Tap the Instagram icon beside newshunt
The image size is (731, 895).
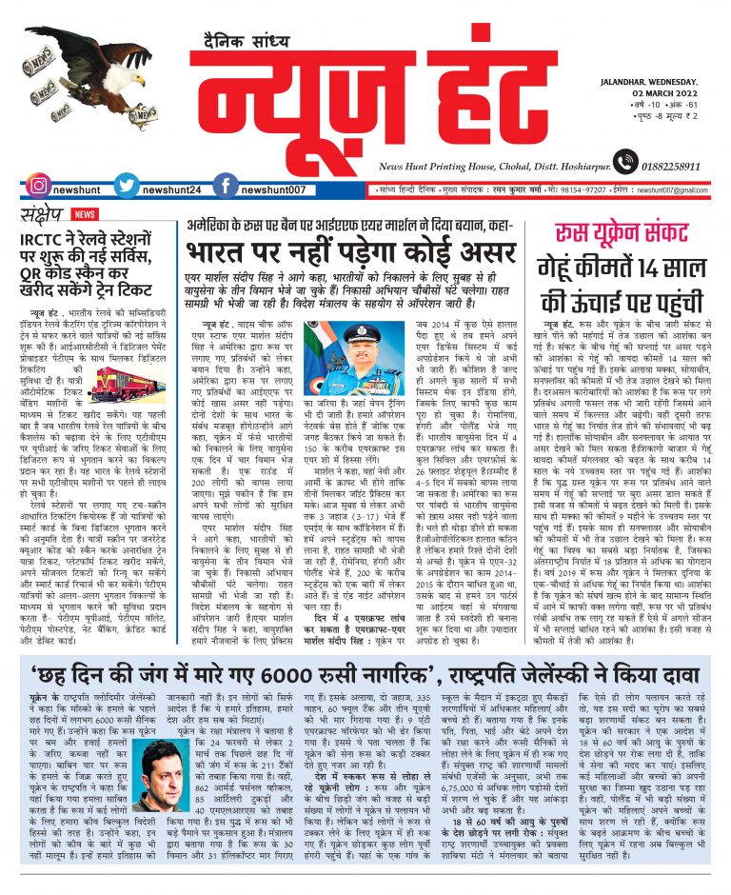click(x=37, y=189)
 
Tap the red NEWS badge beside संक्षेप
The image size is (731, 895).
click(x=85, y=215)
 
